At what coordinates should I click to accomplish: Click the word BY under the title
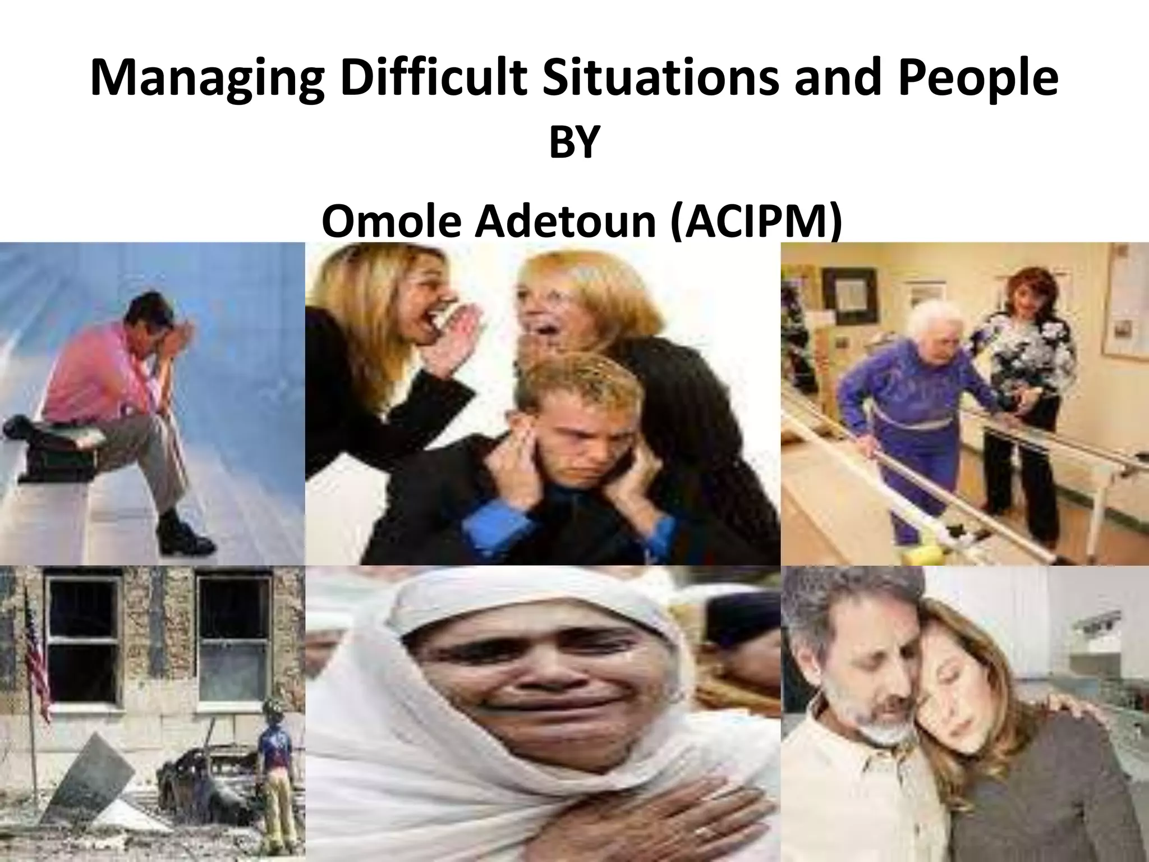574,144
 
